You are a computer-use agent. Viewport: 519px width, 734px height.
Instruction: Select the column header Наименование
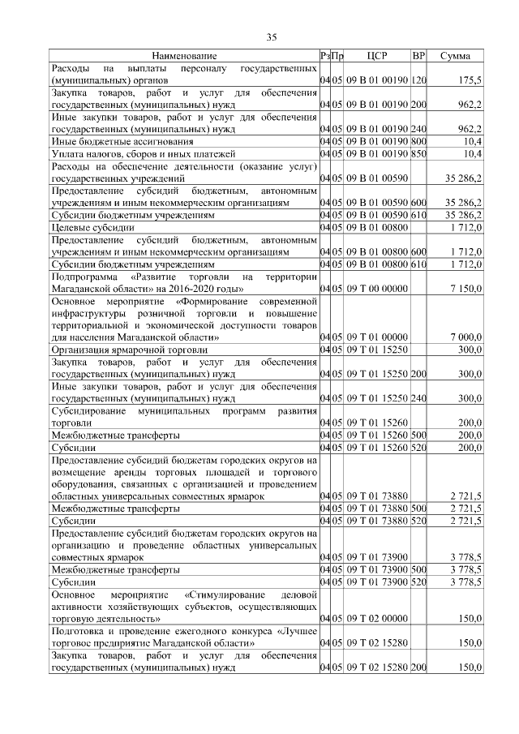click(x=184, y=56)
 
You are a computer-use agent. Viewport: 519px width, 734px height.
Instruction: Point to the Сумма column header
click(x=456, y=56)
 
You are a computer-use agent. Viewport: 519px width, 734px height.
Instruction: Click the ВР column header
click(x=418, y=56)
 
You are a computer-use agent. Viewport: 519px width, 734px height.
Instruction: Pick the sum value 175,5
click(x=470, y=82)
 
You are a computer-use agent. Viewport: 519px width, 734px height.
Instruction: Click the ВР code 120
click(x=418, y=82)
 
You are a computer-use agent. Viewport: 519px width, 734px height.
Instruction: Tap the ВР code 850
click(x=418, y=152)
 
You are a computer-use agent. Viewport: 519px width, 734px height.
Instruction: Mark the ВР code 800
click(x=418, y=140)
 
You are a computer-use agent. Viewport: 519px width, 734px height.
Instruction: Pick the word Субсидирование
click(x=88, y=410)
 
